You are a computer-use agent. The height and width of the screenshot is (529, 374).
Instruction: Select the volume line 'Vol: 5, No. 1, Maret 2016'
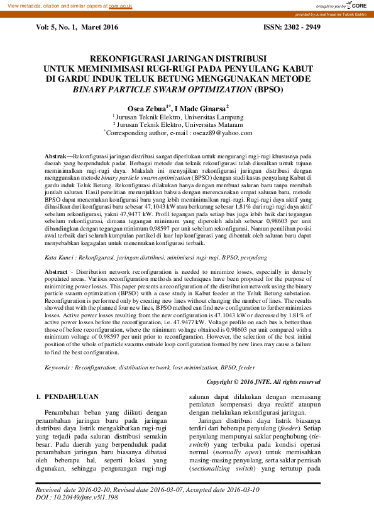77,27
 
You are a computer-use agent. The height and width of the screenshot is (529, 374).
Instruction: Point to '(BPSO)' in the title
269,90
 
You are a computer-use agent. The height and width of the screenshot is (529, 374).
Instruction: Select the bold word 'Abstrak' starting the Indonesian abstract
58,155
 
